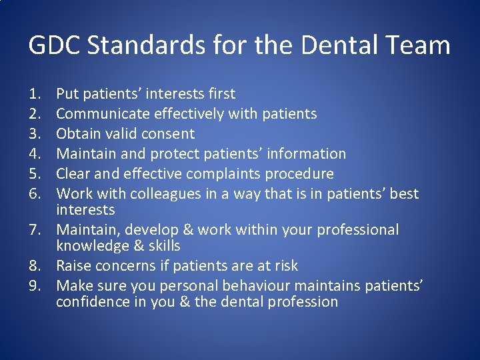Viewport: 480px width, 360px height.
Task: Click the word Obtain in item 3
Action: [x=77, y=134]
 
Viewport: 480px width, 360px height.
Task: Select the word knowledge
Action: [x=90, y=246]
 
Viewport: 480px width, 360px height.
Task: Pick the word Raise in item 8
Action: [x=73, y=266]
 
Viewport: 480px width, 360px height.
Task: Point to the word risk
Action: [x=285, y=266]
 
